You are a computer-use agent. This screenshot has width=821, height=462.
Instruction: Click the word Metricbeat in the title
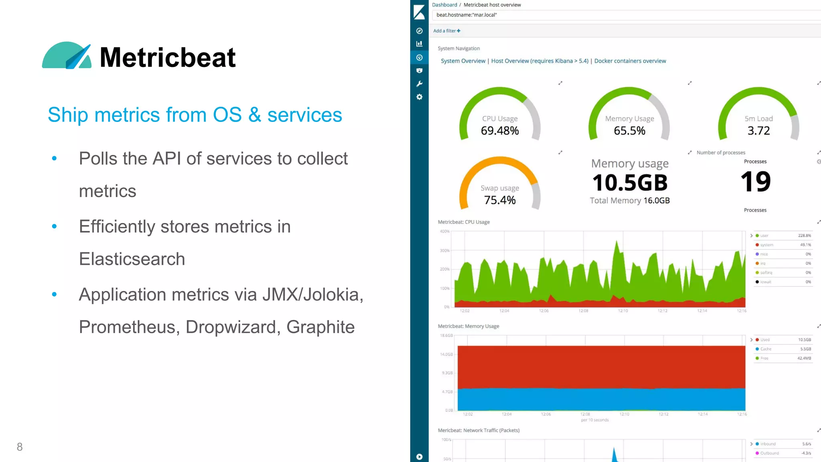(168, 57)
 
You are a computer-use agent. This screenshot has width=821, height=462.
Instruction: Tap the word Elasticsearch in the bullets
(132, 259)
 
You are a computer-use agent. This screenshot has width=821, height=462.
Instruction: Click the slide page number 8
(19, 447)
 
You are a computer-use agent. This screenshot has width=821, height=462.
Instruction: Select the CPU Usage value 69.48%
(499, 131)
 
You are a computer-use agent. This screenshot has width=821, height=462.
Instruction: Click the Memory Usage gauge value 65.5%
(629, 131)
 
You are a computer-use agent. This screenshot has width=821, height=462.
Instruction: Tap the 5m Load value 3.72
(758, 131)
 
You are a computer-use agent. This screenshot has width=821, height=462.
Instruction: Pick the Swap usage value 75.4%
(499, 200)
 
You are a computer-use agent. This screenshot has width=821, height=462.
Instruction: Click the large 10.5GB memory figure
(630, 183)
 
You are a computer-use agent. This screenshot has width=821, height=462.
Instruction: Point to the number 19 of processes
(755, 182)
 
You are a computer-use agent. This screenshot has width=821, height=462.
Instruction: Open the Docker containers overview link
(630, 61)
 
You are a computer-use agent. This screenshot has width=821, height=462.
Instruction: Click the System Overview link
(463, 61)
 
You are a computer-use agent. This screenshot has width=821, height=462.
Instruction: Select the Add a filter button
(447, 31)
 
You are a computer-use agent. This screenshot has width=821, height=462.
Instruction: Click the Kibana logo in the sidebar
(419, 12)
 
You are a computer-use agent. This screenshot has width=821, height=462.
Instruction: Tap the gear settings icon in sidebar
(419, 97)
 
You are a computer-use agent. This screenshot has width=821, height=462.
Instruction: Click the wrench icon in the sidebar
(419, 84)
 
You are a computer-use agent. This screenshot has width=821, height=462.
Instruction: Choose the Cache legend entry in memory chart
(766, 349)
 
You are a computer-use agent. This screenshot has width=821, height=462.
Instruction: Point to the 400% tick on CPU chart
(445, 231)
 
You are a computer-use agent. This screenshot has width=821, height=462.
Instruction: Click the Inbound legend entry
(768, 444)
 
